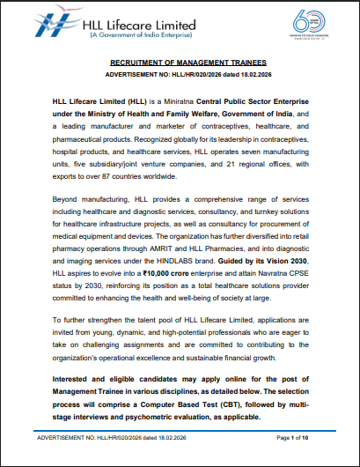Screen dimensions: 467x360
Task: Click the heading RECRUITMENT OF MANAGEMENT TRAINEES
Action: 180,65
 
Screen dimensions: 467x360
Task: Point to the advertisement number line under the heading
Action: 180,76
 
